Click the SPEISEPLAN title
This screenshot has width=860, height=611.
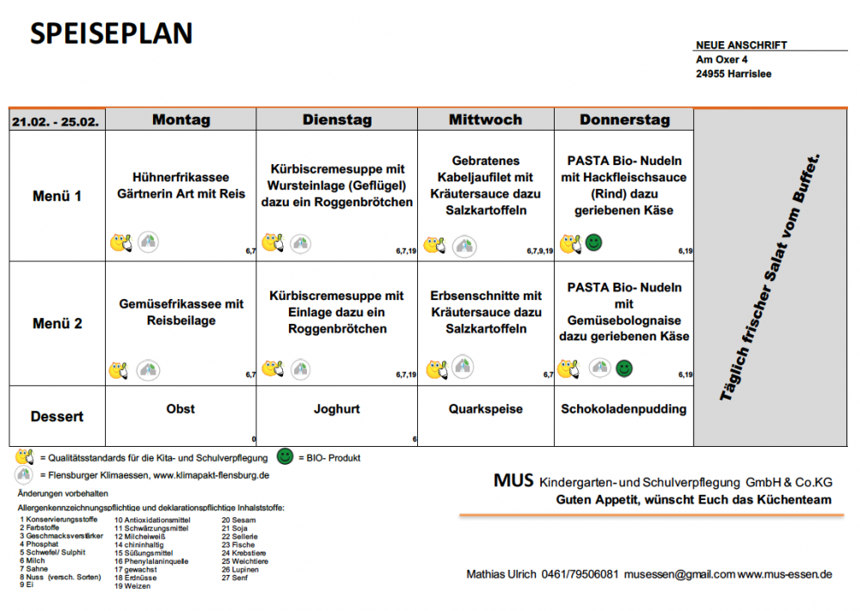[x=112, y=34]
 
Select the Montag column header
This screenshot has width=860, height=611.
[x=181, y=119]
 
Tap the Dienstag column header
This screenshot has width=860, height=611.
[x=336, y=119]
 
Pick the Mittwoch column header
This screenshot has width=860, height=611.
[x=485, y=119]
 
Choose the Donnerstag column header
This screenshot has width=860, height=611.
[x=624, y=119]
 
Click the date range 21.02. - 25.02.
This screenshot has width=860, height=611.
[x=56, y=121]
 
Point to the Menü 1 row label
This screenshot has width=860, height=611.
[x=57, y=196]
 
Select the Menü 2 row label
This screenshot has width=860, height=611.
[x=57, y=324]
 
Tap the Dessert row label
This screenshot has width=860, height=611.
[x=57, y=417]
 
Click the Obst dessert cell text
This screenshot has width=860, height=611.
[x=181, y=409]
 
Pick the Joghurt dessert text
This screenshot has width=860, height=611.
[x=336, y=409]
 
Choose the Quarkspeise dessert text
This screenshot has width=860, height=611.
[x=485, y=409]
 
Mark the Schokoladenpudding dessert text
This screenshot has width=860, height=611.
[x=623, y=409]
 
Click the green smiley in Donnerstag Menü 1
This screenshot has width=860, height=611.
[x=593, y=243]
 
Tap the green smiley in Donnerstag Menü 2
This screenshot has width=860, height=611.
[x=624, y=369]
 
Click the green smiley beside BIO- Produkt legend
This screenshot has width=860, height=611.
[x=286, y=456]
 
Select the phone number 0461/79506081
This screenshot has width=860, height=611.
[x=580, y=574]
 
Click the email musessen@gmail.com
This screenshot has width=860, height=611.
[x=679, y=574]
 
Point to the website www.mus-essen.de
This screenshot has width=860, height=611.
[x=784, y=574]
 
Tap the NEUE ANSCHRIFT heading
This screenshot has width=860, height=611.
[x=741, y=46]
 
